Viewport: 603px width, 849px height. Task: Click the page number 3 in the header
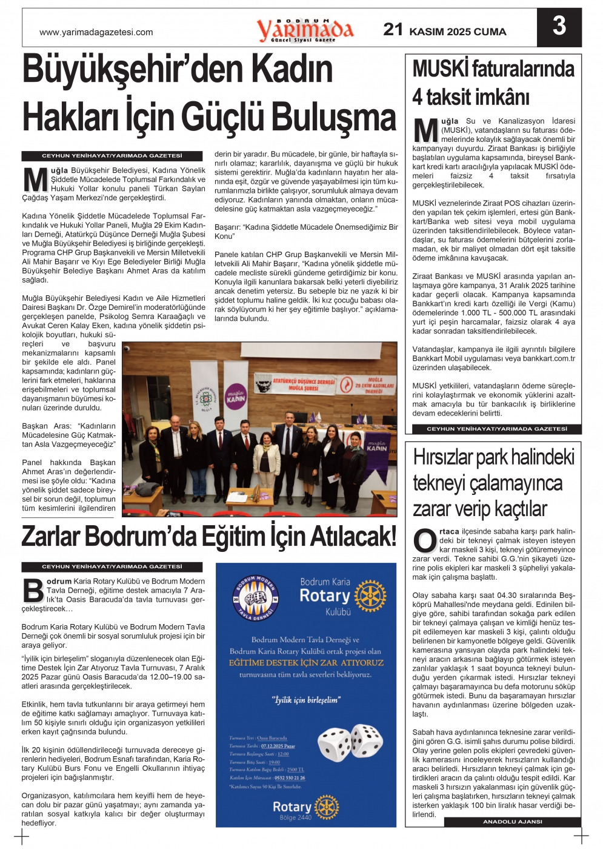click(x=559, y=26)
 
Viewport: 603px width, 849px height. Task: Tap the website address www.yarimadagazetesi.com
click(x=96, y=32)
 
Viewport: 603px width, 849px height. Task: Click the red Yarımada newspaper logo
click(x=304, y=29)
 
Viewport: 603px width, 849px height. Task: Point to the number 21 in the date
click(x=393, y=29)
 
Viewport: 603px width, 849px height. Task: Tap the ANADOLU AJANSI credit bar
click(x=512, y=822)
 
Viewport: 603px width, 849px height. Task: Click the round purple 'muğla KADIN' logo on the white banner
click(x=236, y=397)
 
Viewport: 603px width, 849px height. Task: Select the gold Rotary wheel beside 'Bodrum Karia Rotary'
click(x=370, y=596)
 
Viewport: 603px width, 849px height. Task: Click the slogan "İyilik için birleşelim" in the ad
click(x=306, y=700)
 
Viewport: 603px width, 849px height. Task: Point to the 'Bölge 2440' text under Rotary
click(x=295, y=817)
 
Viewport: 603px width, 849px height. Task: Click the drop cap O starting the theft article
click(x=424, y=541)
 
